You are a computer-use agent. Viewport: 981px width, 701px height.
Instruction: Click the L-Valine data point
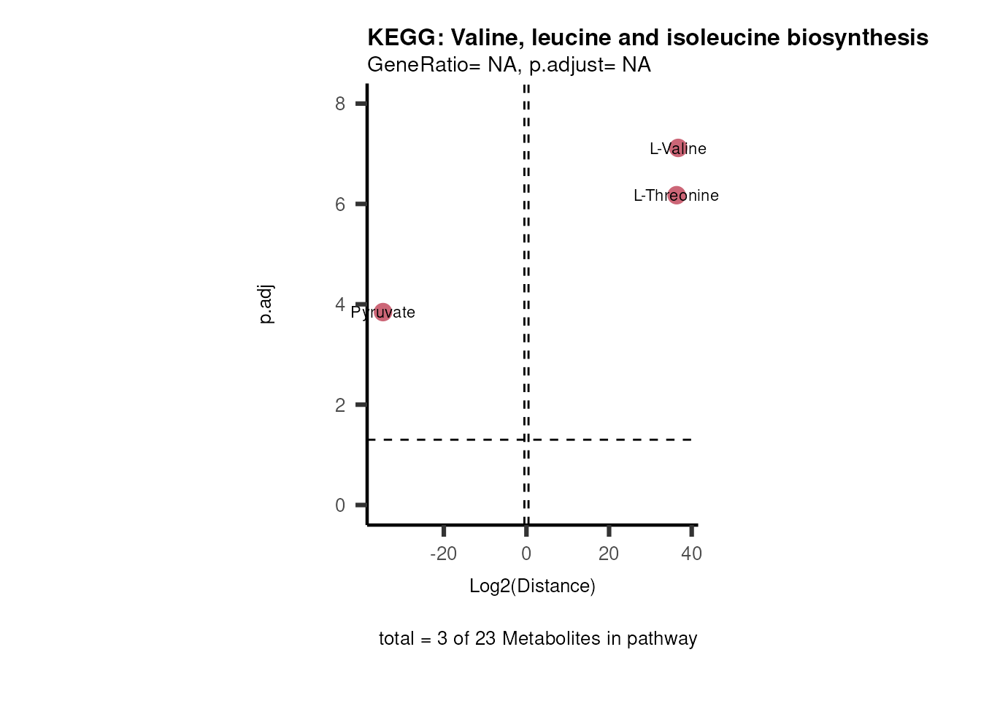[678, 148]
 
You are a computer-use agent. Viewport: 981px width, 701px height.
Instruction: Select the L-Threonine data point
[677, 195]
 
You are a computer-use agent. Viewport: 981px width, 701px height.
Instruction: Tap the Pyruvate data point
[382, 313]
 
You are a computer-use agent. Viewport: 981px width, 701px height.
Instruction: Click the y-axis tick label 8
[340, 104]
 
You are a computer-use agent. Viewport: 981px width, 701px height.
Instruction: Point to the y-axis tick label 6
[340, 204]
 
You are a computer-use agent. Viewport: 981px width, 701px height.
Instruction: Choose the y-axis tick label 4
[340, 304]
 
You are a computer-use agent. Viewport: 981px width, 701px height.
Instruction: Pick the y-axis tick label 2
[340, 405]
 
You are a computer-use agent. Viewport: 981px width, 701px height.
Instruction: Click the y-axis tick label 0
[340, 505]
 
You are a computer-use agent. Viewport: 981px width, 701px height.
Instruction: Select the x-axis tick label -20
[443, 553]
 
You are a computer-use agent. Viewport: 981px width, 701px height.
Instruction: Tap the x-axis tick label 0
[526, 553]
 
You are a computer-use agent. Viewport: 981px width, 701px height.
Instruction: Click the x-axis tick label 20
[609, 553]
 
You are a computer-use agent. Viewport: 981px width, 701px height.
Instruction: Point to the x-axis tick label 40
[691, 553]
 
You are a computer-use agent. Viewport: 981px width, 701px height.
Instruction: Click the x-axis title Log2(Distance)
[532, 586]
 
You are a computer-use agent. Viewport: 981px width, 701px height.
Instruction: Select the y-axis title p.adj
[266, 304]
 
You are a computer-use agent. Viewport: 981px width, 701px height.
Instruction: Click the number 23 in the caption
[485, 638]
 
